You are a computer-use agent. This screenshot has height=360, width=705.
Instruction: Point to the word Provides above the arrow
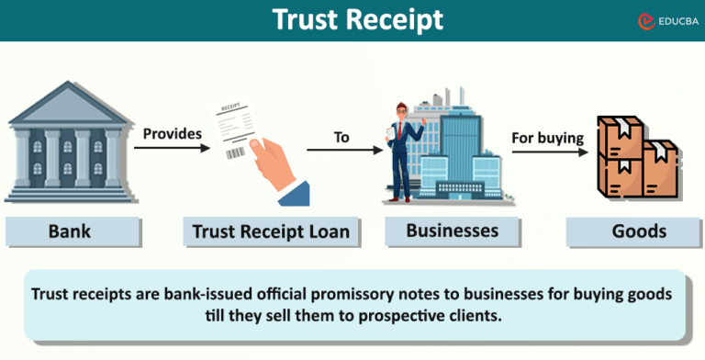[x=172, y=133]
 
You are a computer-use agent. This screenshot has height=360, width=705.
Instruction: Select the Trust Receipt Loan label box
[x=271, y=231]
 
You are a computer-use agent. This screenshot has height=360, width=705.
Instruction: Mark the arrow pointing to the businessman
[x=343, y=149]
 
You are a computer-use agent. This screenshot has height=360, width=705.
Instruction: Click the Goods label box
[x=639, y=231]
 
